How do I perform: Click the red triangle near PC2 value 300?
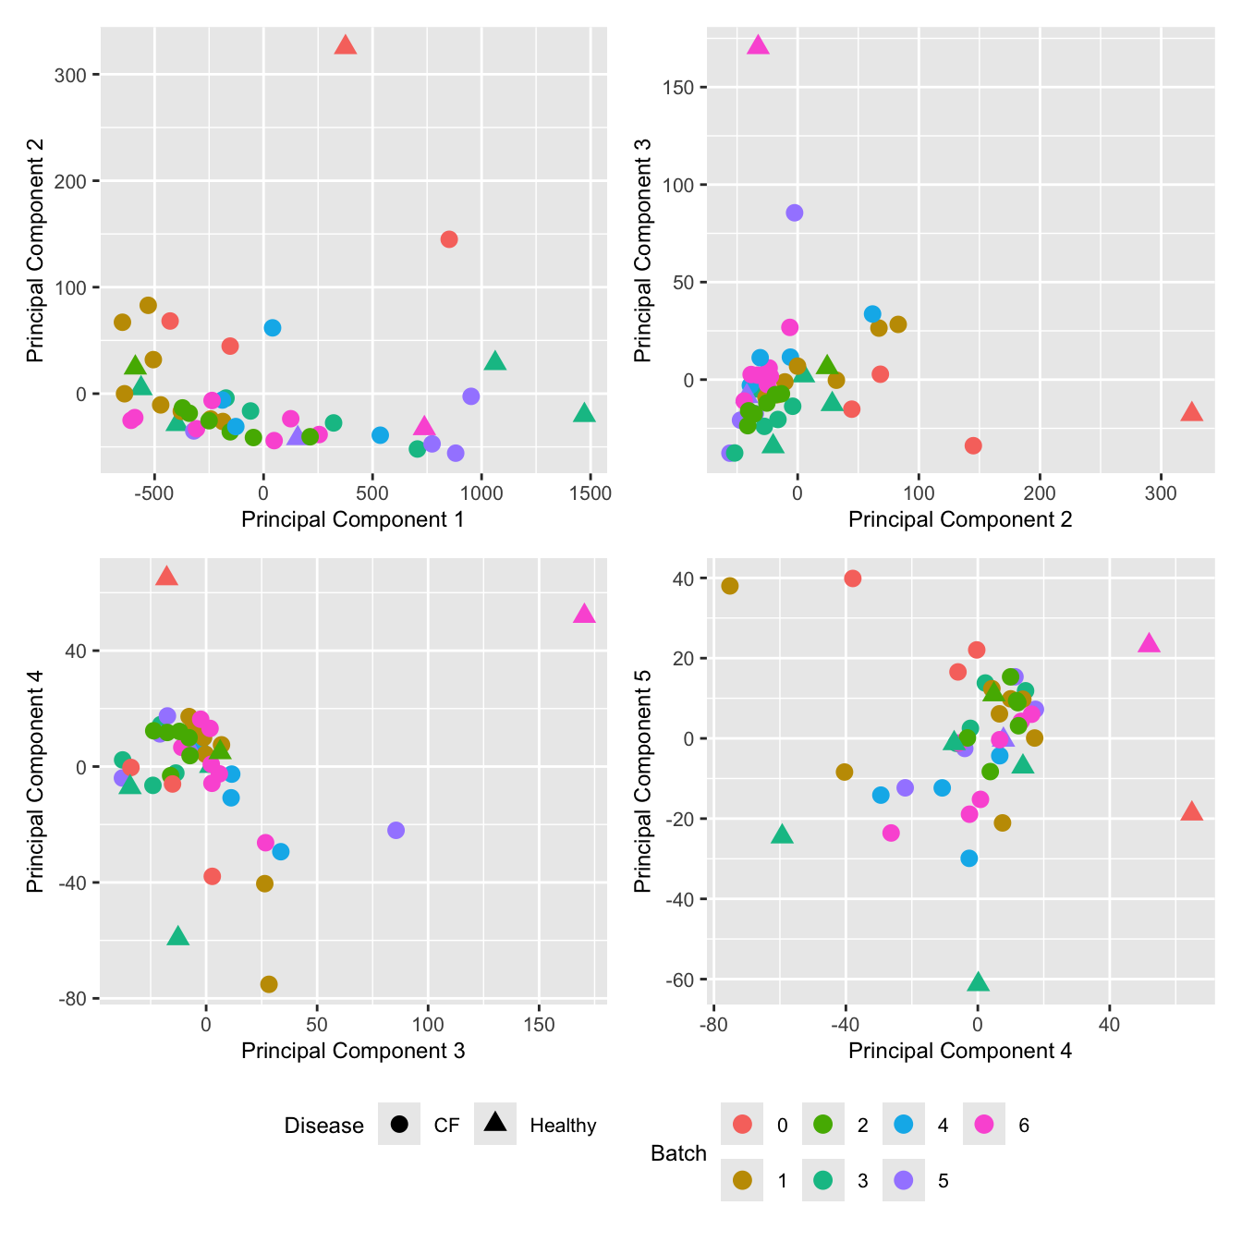coord(346,46)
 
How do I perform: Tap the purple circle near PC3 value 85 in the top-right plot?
coord(794,213)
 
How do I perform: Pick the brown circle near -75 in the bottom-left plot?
coord(269,984)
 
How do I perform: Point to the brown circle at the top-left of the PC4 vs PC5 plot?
coord(730,586)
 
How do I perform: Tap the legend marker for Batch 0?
coord(742,1125)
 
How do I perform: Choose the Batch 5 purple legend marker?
coord(904,1180)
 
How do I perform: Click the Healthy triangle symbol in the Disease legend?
coord(495,1123)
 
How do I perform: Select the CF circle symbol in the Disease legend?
coord(399,1125)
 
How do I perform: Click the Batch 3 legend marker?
coord(823,1180)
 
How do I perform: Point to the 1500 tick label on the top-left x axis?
coord(590,493)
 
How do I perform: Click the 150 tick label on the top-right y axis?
coord(679,88)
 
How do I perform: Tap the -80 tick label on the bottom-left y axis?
coord(74,999)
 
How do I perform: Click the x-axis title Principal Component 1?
coord(352,519)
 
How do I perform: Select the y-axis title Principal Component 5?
coord(643,780)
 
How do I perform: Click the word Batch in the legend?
coord(678,1153)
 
